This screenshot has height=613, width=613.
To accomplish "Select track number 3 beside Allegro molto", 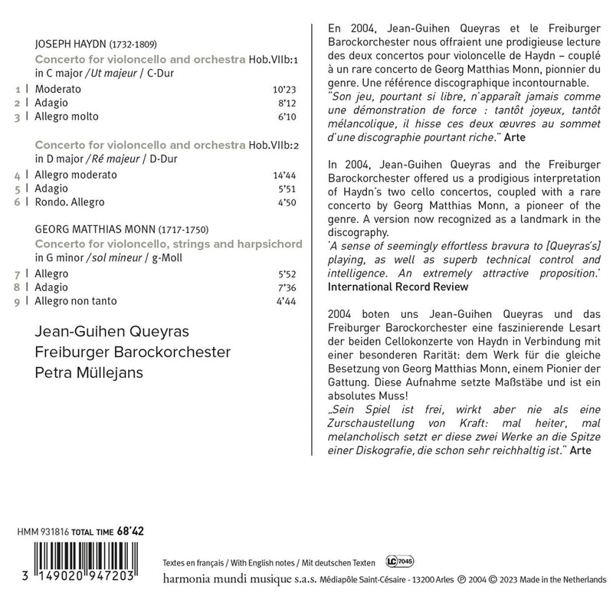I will pos(18,116).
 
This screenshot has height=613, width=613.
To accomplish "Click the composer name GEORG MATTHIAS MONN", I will pos(95,229).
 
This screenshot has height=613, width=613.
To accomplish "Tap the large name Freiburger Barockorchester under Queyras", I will pos(132,354).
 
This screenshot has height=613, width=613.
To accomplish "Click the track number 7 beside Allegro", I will pos(18,273).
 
